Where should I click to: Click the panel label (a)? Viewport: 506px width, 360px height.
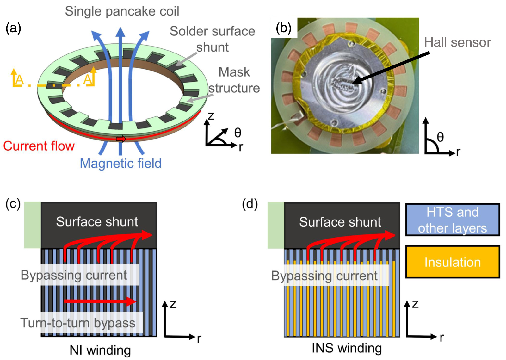(x=13, y=29)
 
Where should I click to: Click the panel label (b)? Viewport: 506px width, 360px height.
(x=283, y=29)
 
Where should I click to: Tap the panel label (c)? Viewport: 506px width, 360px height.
(x=13, y=204)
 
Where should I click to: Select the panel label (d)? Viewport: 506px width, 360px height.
(x=250, y=204)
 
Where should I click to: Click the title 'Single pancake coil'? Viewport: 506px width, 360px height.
(x=122, y=11)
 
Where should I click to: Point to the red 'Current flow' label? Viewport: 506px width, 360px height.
(x=39, y=146)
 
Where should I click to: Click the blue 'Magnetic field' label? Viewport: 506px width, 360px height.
(x=121, y=163)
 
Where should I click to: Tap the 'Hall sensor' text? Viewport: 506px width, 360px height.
(x=457, y=42)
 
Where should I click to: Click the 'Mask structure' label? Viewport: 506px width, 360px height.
(x=234, y=80)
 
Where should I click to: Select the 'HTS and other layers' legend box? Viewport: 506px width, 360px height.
(x=453, y=220)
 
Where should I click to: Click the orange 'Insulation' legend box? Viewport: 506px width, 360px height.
(x=453, y=262)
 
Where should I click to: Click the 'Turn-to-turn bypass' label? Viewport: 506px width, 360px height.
(x=78, y=323)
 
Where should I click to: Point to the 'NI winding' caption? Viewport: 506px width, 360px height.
(x=100, y=350)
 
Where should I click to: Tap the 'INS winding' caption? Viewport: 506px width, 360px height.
(x=347, y=348)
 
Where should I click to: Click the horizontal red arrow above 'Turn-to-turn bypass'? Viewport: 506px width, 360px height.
(x=100, y=301)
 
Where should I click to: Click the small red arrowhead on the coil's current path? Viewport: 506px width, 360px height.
(x=121, y=139)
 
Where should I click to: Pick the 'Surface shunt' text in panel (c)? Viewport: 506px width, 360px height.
(x=97, y=222)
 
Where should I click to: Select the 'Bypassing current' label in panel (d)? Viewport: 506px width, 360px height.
(x=324, y=276)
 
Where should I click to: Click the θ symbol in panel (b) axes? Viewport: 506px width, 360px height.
(x=440, y=137)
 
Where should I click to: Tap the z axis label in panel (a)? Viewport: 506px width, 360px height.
(x=211, y=116)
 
